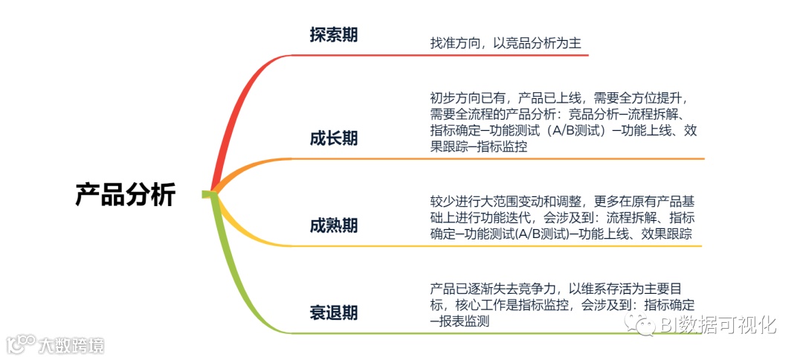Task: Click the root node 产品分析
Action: [125, 195]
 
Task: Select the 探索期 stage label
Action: [333, 35]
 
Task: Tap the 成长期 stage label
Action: [333, 138]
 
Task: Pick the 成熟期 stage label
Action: [333, 225]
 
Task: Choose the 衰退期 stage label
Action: [333, 313]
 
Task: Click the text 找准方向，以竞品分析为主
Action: [506, 43]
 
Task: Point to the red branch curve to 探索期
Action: [230, 112]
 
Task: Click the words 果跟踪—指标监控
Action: [479, 147]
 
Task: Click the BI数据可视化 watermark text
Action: [717, 325]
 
